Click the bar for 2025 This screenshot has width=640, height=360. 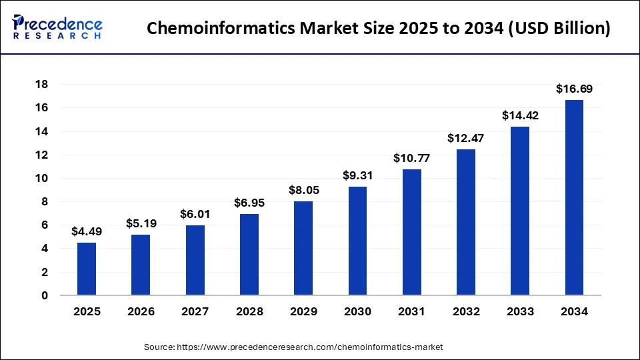tap(87, 269)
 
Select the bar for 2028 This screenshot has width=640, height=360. tap(249, 254)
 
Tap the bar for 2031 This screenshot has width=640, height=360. tap(412, 232)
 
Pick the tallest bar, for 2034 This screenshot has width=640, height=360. tap(574, 197)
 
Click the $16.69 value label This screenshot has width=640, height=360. tap(574, 89)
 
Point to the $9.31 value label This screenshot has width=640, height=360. tap(357, 175)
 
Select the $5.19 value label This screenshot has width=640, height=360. tap(141, 223)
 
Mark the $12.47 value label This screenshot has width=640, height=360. tap(466, 138)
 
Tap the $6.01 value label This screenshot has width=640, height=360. tap(195, 214)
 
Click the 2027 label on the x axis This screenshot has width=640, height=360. tap(195, 311)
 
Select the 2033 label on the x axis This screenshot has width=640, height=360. tap(520, 311)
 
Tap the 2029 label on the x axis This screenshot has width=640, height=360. tap(303, 311)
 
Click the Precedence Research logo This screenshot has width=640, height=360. tap(57, 27)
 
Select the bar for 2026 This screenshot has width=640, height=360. tap(141, 265)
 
